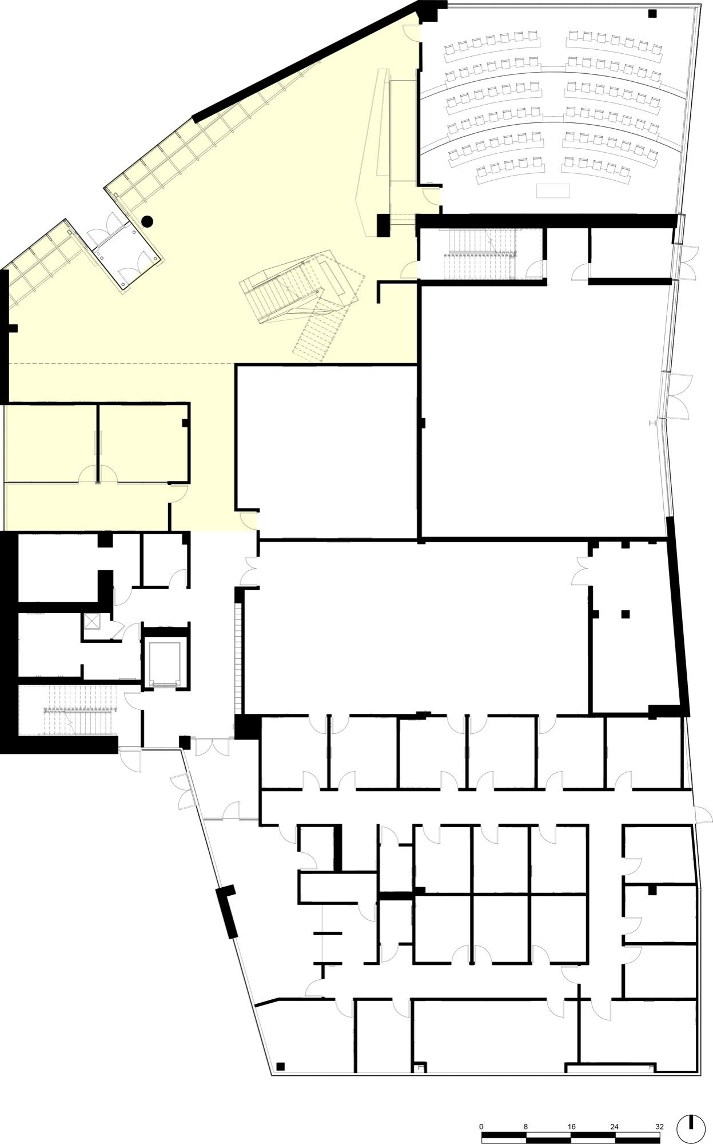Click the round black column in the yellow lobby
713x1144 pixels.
(x=147, y=219)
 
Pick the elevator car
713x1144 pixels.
(x=164, y=664)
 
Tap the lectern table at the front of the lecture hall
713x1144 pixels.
(x=553, y=190)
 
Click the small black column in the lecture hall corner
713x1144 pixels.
(x=652, y=13)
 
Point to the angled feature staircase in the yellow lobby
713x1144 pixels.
(x=302, y=306)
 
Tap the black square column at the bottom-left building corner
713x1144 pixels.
(x=280, y=1066)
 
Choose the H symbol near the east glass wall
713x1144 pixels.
(x=652, y=423)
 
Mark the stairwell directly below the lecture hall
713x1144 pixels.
(x=481, y=253)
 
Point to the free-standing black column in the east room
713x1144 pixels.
(x=626, y=614)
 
